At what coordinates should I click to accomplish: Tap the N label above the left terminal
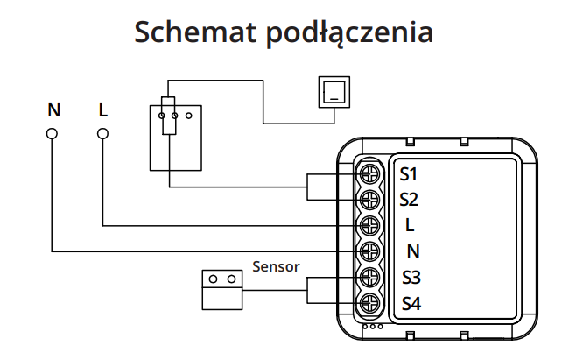54,110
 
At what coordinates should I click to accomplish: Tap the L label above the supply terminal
103,110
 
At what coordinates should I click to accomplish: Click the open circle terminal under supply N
53,133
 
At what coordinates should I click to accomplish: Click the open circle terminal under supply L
102,133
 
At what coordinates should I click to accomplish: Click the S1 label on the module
409,173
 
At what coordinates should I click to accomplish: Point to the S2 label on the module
409,199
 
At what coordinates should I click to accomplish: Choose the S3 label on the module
411,279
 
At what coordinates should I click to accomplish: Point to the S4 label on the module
411,305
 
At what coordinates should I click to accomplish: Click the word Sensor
276,265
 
